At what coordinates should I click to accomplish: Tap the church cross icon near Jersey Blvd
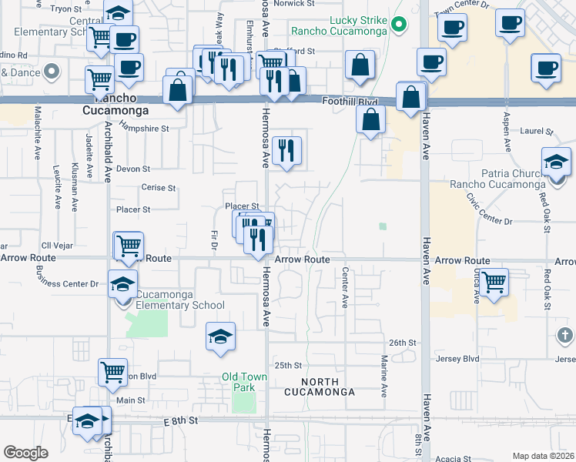(564, 335)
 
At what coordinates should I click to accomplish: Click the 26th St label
(402, 343)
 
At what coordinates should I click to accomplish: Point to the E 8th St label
(181, 420)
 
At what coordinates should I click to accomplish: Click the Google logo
(26, 453)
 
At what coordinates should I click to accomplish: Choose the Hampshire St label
(144, 129)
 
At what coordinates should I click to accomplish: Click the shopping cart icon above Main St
(112, 373)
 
